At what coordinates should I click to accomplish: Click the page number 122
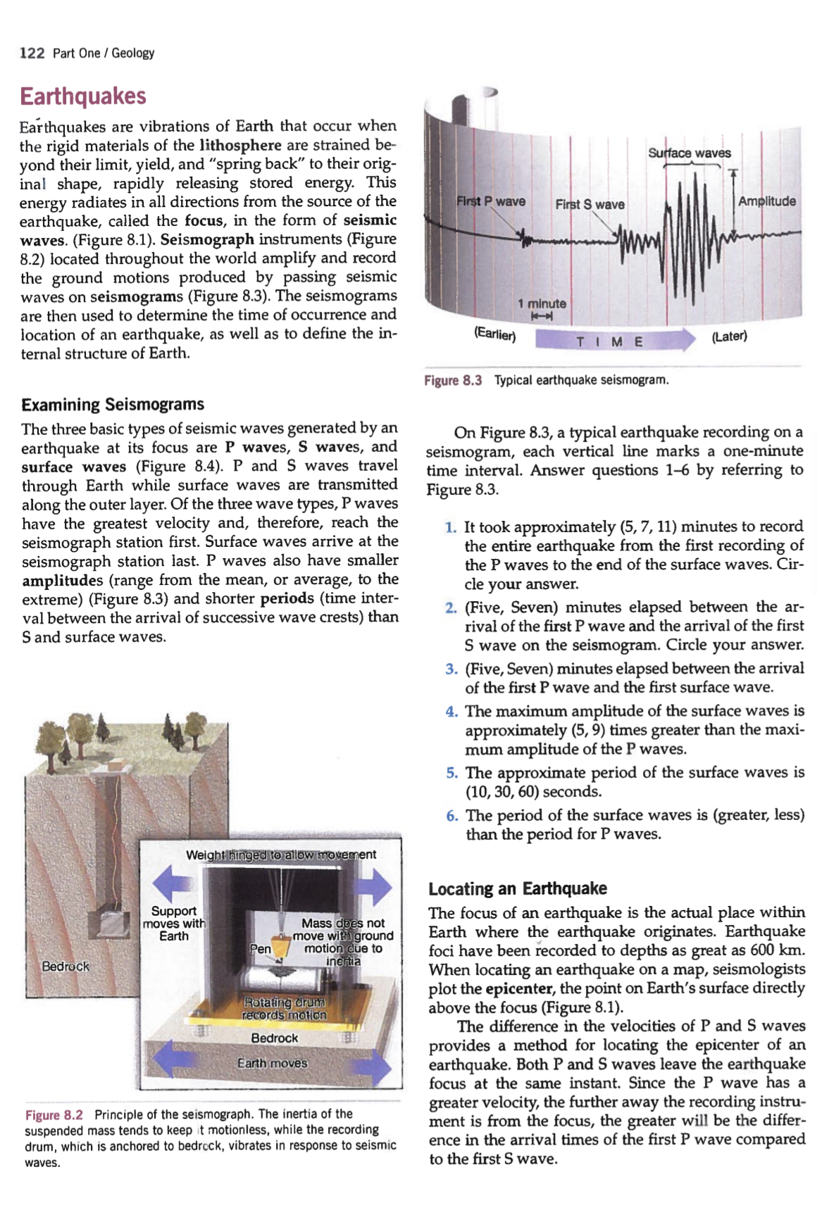(32, 53)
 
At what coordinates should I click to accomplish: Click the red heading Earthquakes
(83, 96)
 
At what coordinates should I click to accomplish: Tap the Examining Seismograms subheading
(113, 405)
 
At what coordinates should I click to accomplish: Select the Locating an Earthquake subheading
(518, 888)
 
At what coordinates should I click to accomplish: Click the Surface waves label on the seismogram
(689, 153)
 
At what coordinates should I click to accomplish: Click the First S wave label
(589, 204)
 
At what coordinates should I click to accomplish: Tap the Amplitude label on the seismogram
(767, 201)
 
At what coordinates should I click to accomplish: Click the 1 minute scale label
(542, 303)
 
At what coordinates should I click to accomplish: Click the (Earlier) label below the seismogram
(494, 334)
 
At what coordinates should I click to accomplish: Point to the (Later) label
(729, 336)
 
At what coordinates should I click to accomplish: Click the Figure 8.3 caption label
(453, 380)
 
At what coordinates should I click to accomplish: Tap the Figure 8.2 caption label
(54, 1115)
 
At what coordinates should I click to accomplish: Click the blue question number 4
(451, 712)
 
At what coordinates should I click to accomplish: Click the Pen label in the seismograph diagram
(261, 949)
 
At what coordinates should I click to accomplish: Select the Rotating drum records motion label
(285, 1008)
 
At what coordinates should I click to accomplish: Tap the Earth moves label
(272, 1063)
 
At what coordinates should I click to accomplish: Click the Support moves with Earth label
(174, 924)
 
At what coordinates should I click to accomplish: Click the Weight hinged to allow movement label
(280, 855)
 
